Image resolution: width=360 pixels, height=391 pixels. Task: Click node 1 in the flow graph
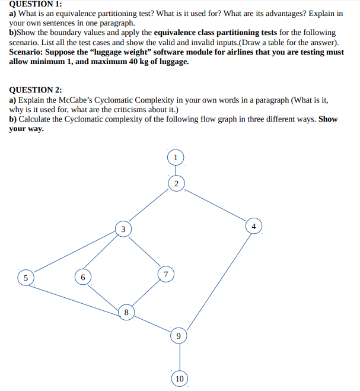pyautogui.click(x=176, y=157)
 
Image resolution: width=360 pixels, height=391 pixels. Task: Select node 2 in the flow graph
pyautogui.click(x=176, y=183)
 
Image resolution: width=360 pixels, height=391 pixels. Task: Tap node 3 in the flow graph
pyautogui.click(x=123, y=229)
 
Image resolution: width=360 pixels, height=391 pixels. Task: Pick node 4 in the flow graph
pyautogui.click(x=254, y=227)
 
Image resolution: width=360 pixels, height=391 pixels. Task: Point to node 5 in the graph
pyautogui.click(x=25, y=278)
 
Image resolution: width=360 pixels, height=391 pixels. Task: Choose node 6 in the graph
pyautogui.click(x=83, y=277)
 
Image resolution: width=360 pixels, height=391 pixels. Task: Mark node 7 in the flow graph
pyautogui.click(x=166, y=274)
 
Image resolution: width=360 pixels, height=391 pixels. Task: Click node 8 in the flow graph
pyautogui.click(x=126, y=311)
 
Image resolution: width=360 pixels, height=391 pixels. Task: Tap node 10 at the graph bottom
pyautogui.click(x=180, y=379)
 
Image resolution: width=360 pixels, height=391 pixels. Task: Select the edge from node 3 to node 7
pyautogui.click(x=145, y=252)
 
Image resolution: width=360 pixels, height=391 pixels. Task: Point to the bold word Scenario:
pyautogui.click(x=29, y=52)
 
